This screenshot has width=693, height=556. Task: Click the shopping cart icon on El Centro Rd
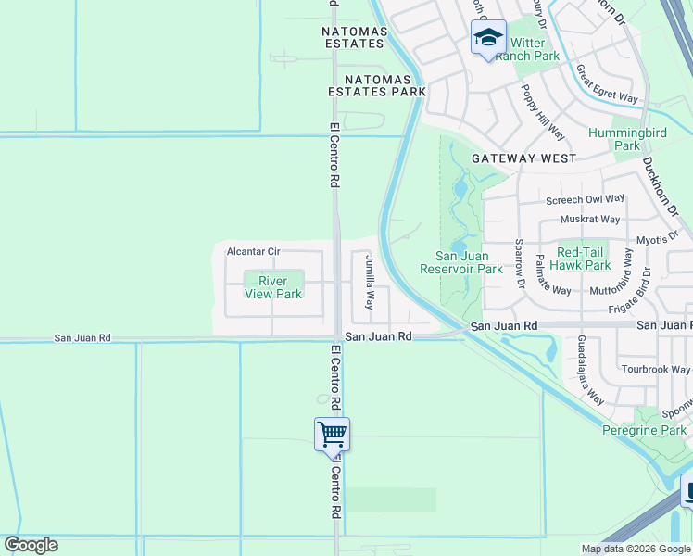pyautogui.click(x=332, y=433)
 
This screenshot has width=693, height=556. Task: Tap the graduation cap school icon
pyautogui.click(x=488, y=38)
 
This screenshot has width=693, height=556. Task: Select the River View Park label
pyautogui.click(x=273, y=287)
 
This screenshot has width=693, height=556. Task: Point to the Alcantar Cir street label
pyautogui.click(x=253, y=252)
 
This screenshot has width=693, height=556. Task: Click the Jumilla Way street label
pyautogui.click(x=369, y=282)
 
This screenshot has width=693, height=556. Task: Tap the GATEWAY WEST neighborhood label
pyautogui.click(x=523, y=158)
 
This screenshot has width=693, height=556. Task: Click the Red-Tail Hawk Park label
pyautogui.click(x=584, y=259)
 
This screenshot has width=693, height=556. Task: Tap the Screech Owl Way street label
pyautogui.click(x=585, y=199)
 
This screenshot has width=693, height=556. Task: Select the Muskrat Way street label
pyautogui.click(x=589, y=220)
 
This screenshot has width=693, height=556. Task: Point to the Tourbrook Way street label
pyautogui.click(x=656, y=370)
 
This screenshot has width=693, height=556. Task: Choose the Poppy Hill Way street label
pyautogui.click(x=537, y=112)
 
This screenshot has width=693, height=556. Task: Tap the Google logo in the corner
pyautogui.click(x=31, y=545)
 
